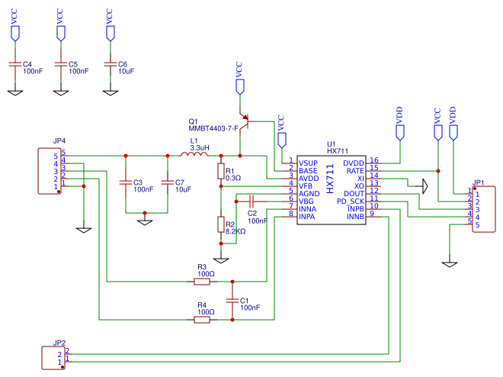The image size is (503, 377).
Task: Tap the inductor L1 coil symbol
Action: click(194, 156)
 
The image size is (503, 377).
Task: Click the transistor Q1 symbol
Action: click(243, 122)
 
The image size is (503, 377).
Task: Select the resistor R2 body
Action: click(220, 225)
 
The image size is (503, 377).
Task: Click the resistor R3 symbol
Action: click(202, 282)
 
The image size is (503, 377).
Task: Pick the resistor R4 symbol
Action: click(202, 321)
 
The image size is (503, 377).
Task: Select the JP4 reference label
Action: click(59, 141)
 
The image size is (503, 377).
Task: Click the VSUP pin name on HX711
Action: click(308, 163)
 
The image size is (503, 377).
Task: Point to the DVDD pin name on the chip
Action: click(354, 163)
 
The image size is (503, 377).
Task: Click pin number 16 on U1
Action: click(373, 160)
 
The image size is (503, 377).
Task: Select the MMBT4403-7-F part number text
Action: click(213, 129)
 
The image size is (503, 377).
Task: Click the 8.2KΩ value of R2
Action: click(235, 230)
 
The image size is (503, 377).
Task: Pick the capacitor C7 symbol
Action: click(168, 183)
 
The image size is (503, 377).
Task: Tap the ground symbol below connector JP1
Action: click(450, 263)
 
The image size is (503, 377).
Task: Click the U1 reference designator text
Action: click(331, 143)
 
